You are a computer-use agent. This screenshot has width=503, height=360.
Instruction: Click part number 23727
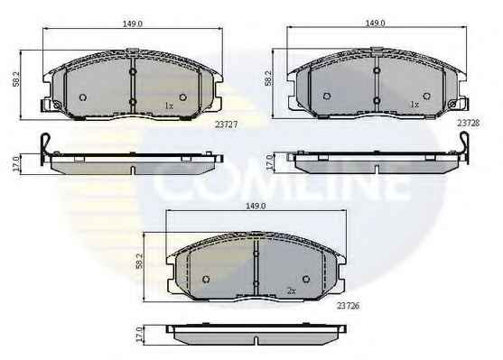tap(226, 125)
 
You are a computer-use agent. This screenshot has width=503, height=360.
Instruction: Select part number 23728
tap(469, 123)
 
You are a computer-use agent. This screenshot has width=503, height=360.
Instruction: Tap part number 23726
tap(348, 306)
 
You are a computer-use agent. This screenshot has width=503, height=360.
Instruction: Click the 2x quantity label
tap(292, 291)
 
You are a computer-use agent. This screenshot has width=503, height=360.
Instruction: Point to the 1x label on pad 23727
tap(169, 106)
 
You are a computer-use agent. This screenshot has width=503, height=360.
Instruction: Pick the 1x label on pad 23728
tap(415, 105)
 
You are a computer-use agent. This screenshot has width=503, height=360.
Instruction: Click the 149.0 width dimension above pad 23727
tap(133, 23)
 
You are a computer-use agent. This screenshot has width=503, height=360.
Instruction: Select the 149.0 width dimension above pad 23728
tap(376, 23)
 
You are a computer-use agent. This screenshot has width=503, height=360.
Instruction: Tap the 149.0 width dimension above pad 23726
tap(256, 206)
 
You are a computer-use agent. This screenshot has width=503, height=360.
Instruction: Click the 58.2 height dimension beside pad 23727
tap(16, 78)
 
